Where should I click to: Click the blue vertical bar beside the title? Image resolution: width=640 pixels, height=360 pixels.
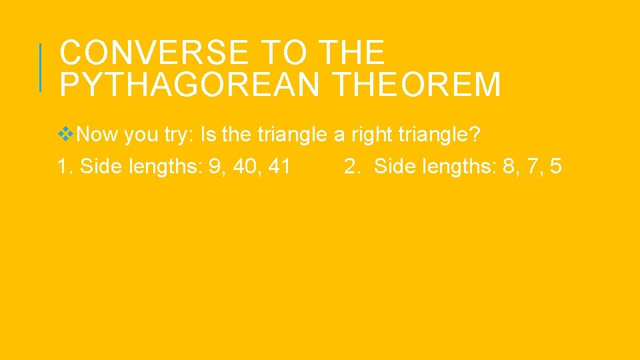(41, 67)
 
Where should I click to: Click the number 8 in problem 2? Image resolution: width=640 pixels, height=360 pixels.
(509, 167)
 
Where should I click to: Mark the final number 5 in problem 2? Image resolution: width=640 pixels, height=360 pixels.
(556, 167)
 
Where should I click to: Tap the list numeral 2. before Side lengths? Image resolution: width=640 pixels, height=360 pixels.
(353, 167)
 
